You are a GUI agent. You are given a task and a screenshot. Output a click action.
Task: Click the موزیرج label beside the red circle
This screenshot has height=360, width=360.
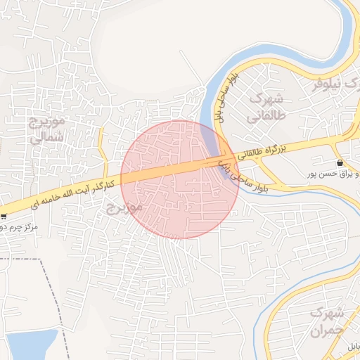click(x=124, y=207)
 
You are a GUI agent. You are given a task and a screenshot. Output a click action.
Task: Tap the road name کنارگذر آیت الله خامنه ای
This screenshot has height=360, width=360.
click(x=71, y=195)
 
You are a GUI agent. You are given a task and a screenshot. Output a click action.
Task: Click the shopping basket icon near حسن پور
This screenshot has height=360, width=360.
click(x=340, y=162)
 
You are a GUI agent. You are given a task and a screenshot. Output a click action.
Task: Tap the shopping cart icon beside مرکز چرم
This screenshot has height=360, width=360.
click(x=4, y=216)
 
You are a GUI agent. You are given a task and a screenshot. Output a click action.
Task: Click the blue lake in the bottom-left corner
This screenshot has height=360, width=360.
click(x=28, y=345)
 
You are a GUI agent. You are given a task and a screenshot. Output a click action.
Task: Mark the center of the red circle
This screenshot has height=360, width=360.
click(x=179, y=179)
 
